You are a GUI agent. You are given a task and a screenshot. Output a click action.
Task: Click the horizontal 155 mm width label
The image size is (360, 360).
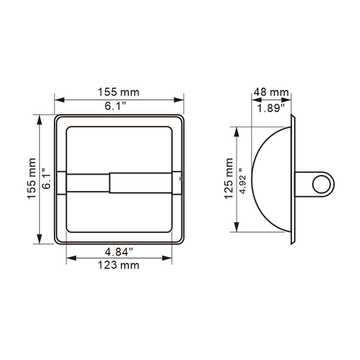(x=118, y=92)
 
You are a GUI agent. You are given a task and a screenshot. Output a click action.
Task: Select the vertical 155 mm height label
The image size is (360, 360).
(x=33, y=179)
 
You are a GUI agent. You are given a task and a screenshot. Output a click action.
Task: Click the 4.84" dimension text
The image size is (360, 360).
(x=118, y=252)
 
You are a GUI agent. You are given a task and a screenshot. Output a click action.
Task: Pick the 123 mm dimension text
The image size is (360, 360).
(x=118, y=266)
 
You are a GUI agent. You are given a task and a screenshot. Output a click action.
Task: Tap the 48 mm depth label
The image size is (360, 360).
(x=271, y=92)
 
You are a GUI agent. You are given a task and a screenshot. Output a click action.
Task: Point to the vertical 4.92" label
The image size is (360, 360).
(x=244, y=179)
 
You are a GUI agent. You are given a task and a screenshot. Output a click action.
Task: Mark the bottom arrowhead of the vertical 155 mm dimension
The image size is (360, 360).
(x=39, y=239)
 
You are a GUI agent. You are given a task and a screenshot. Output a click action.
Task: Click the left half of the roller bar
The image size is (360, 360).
(x=87, y=183)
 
